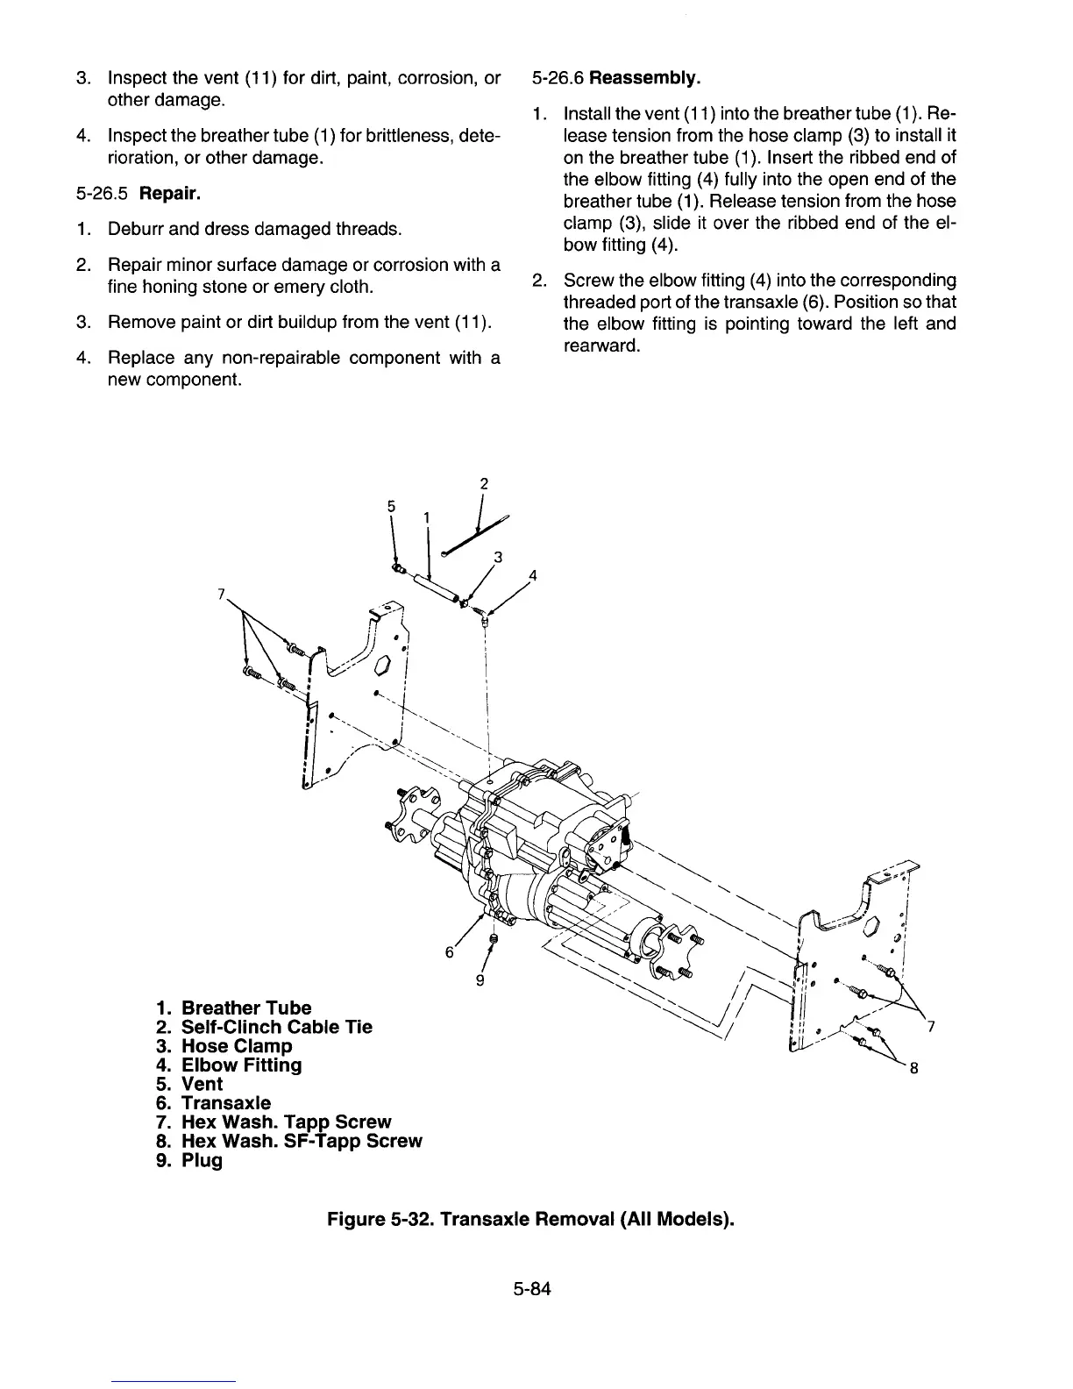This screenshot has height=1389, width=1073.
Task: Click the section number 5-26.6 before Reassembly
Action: point(558,79)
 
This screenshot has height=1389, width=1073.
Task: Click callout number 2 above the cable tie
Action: point(483,483)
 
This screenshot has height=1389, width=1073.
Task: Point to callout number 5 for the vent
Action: point(391,506)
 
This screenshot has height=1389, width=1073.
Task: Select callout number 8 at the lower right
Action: point(913,1068)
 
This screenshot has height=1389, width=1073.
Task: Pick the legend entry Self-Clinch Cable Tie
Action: point(276,1027)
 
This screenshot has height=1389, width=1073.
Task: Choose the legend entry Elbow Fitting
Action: point(241,1065)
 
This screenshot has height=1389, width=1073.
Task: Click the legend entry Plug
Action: point(202,1161)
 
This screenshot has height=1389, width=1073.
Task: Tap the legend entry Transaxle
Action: point(225,1103)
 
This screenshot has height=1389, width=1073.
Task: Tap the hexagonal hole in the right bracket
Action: point(873,926)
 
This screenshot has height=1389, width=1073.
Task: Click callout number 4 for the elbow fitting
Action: point(532,576)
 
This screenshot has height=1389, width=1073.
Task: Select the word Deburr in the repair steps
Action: point(135,230)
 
